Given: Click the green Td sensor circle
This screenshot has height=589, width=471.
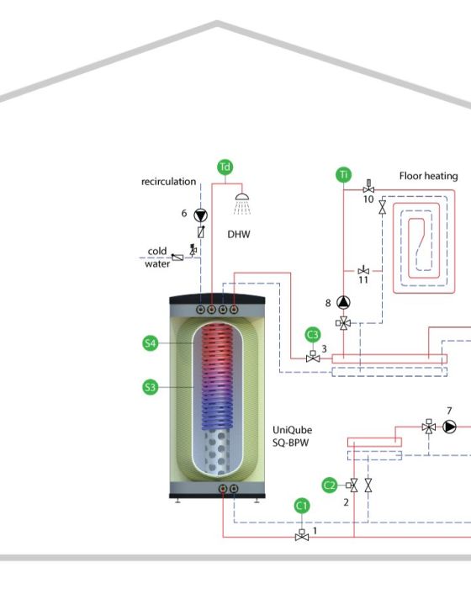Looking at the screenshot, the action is click(x=225, y=167).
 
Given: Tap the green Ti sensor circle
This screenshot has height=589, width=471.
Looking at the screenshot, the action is click(x=344, y=175).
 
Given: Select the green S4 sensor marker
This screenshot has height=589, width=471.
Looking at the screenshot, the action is click(x=151, y=343).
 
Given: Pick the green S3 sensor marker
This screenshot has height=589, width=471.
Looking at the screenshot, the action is click(x=151, y=387).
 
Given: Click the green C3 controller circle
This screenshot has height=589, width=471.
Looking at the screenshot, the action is click(x=313, y=335).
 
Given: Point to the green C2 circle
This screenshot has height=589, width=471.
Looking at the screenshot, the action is click(x=330, y=486).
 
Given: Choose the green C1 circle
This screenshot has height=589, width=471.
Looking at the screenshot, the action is click(x=302, y=507).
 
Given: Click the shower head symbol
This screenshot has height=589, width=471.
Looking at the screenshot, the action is click(x=242, y=204).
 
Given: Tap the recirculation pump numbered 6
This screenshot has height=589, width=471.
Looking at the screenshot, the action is click(x=200, y=215).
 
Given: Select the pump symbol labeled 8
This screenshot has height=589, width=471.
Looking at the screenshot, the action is click(x=343, y=302).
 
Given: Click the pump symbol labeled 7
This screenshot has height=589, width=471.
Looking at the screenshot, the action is click(x=449, y=427).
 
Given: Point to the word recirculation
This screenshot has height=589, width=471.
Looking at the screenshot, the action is click(x=169, y=182).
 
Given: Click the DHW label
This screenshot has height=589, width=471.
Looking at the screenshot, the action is click(x=239, y=235).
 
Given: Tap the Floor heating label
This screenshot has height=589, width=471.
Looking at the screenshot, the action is click(x=429, y=176).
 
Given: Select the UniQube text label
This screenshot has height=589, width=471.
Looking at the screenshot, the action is click(x=292, y=430).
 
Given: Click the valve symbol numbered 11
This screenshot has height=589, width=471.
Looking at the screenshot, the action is click(x=363, y=270).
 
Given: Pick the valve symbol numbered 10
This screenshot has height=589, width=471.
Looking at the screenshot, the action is click(x=368, y=187).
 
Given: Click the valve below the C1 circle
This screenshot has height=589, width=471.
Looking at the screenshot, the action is click(x=302, y=535).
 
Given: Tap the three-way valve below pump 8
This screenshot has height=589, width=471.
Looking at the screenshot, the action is click(x=343, y=322).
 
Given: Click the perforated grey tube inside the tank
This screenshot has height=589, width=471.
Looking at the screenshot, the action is click(x=217, y=452).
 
